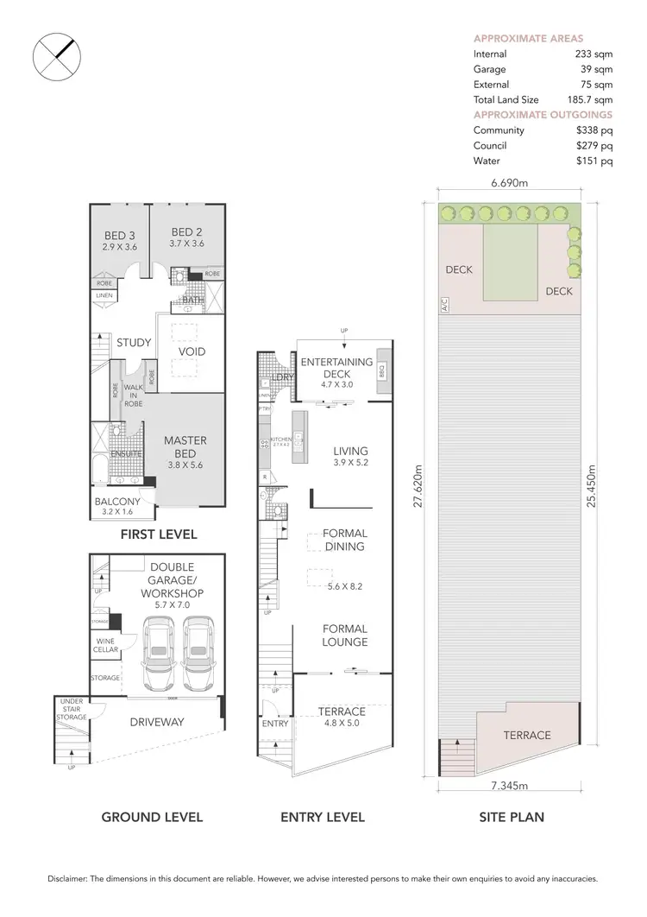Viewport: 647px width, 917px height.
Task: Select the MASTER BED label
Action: pos(185,446)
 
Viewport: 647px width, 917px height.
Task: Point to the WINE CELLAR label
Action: pos(105,645)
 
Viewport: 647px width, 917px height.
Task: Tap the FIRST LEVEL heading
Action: pos(159,534)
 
